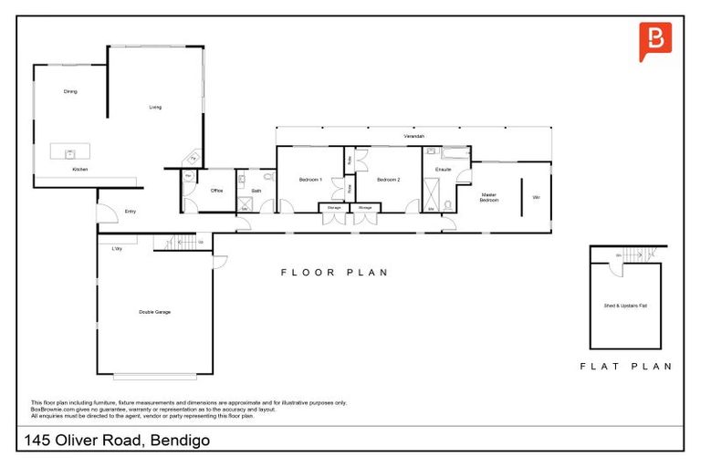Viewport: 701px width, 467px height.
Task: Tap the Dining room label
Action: click(x=70, y=91)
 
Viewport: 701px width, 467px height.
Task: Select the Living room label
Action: click(x=155, y=108)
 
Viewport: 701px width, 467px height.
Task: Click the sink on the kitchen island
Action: click(x=68, y=153)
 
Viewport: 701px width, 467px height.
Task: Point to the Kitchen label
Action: click(x=80, y=170)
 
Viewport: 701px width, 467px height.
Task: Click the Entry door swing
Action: click(x=107, y=212)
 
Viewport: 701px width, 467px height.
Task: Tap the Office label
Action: click(x=217, y=191)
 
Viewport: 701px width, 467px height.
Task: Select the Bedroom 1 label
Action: click(x=310, y=180)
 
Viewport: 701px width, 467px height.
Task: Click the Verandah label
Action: click(x=414, y=136)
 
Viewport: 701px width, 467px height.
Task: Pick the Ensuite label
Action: click(x=444, y=170)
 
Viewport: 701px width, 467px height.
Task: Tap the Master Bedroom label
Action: click(x=489, y=197)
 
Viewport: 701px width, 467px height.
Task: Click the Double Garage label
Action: click(x=154, y=312)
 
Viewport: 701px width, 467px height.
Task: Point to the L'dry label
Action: click(x=117, y=249)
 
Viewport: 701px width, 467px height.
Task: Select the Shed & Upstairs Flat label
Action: click(x=624, y=305)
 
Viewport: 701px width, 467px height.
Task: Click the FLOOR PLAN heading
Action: click(x=334, y=272)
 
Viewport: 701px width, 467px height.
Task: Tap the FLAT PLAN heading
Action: click(x=625, y=366)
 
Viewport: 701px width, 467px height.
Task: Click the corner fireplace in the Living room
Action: click(x=192, y=158)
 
